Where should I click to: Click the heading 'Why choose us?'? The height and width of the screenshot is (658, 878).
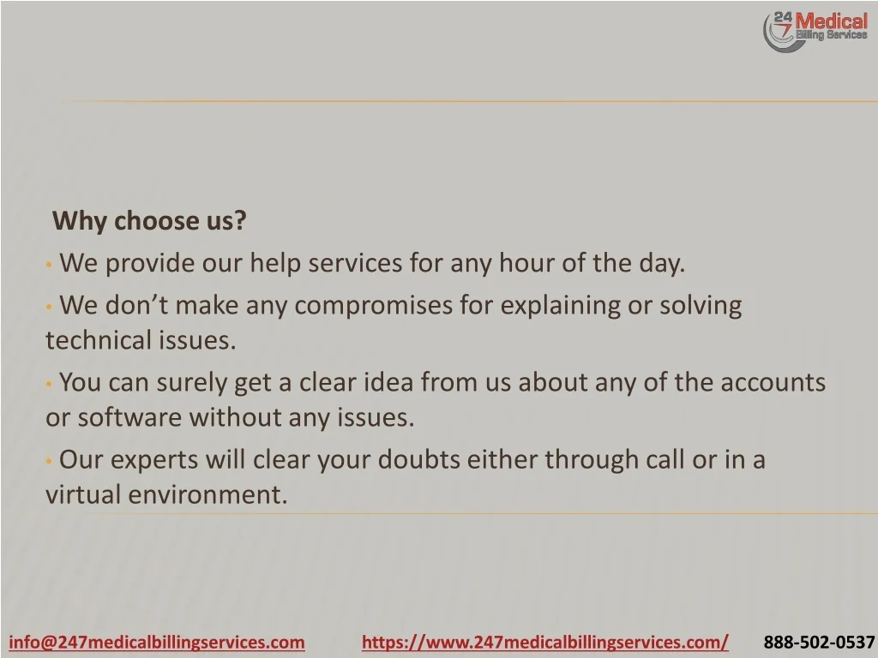click(x=149, y=222)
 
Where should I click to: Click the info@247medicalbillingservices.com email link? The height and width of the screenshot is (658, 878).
click(x=157, y=642)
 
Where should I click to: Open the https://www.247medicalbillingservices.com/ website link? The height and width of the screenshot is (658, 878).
click(x=545, y=642)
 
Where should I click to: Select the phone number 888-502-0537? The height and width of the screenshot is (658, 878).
click(x=819, y=642)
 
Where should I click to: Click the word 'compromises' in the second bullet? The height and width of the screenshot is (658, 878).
click(x=374, y=306)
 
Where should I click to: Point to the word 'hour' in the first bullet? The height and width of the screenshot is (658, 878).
click(x=526, y=263)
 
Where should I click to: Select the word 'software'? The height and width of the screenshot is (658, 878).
click(x=129, y=417)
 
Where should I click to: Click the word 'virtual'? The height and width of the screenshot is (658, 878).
click(x=83, y=494)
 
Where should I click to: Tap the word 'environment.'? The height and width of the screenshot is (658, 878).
click(x=207, y=494)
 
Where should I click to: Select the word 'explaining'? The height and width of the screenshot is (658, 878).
click(x=561, y=306)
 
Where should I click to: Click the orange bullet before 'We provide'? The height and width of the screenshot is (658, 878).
click(x=49, y=264)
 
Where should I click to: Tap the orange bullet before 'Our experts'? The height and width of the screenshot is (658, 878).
click(x=49, y=461)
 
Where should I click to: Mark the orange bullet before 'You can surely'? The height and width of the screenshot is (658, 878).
click(x=49, y=385)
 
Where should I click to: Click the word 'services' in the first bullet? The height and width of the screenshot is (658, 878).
click(x=355, y=264)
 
